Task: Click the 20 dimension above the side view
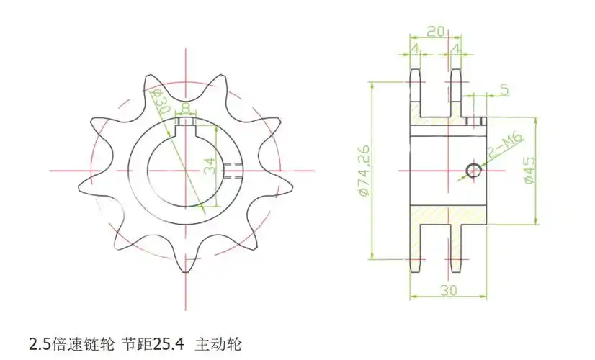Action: click(434, 31)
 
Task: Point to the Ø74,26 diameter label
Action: click(364, 170)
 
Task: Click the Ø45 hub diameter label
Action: click(529, 171)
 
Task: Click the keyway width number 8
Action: click(187, 108)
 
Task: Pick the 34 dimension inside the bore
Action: click(209, 166)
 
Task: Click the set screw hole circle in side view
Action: click(473, 170)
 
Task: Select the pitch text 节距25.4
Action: click(154, 343)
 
